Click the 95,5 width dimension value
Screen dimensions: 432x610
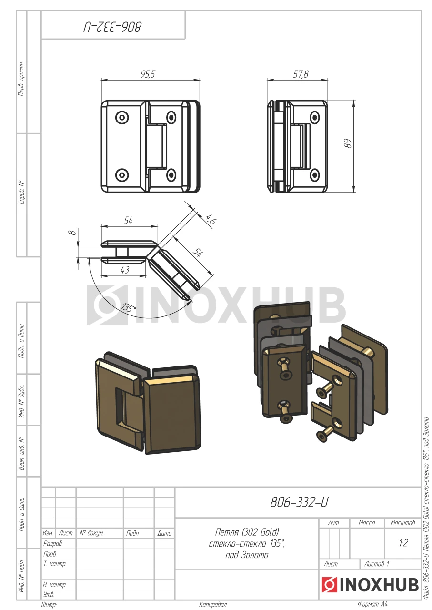point(148,74)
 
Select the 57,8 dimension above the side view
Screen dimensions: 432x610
point(301,74)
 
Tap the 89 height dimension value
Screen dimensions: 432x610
point(348,143)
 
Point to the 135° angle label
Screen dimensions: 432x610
point(129,308)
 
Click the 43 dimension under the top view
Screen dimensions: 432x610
point(125,270)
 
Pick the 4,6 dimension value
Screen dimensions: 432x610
point(211,220)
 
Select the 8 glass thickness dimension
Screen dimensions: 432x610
point(72,232)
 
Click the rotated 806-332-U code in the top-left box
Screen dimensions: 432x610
point(112,27)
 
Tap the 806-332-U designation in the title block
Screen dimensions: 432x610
point(299,502)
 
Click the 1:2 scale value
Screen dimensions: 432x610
point(403,543)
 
